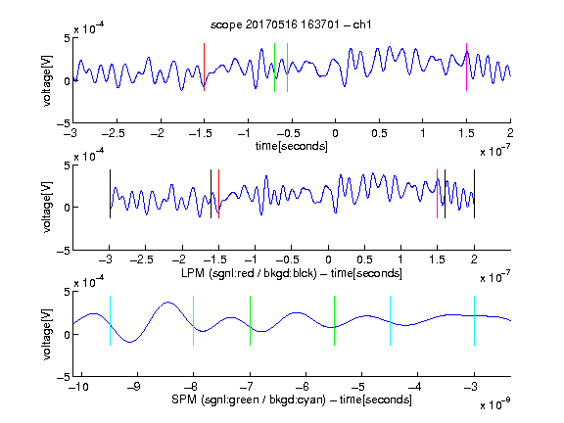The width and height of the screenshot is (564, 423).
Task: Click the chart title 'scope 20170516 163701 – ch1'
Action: pyautogui.click(x=291, y=24)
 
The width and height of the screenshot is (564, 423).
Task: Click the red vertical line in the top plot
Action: pyautogui.click(x=205, y=67)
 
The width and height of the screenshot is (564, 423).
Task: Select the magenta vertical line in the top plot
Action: pyautogui.click(x=466, y=67)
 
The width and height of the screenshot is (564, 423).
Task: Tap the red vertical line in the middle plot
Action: pyautogui.click(x=218, y=194)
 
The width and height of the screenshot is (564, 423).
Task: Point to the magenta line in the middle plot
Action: pyautogui.click(x=437, y=194)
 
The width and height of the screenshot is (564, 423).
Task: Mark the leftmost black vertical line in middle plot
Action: pyautogui.click(x=110, y=194)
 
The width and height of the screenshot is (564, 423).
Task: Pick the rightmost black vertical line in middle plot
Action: pyautogui.click(x=475, y=194)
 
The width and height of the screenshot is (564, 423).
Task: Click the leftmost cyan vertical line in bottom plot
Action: pyautogui.click(x=110, y=320)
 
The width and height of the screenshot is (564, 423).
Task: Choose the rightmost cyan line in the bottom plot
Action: pyautogui.click(x=475, y=320)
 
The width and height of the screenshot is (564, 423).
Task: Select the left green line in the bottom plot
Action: pyautogui.click(x=250, y=320)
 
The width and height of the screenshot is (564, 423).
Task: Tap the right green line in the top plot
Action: pyautogui.click(x=288, y=68)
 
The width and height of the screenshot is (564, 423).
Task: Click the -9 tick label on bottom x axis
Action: pyautogui.click(x=134, y=387)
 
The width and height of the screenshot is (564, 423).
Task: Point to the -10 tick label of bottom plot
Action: pyautogui.click(x=79, y=387)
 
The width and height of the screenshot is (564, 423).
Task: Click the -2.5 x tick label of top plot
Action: pyautogui.click(x=114, y=133)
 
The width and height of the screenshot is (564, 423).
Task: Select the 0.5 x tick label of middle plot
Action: pyautogui.click(x=364, y=259)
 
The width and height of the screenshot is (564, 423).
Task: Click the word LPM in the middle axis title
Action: pyautogui.click(x=193, y=273)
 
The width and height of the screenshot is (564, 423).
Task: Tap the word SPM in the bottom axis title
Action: pyautogui.click(x=184, y=399)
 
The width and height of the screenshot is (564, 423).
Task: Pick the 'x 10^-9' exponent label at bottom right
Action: pyautogui.click(x=494, y=404)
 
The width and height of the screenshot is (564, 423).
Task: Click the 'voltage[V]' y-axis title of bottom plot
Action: pyautogui.click(x=47, y=334)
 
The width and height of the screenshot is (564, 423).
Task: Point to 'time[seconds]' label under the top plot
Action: pyautogui.click(x=292, y=146)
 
